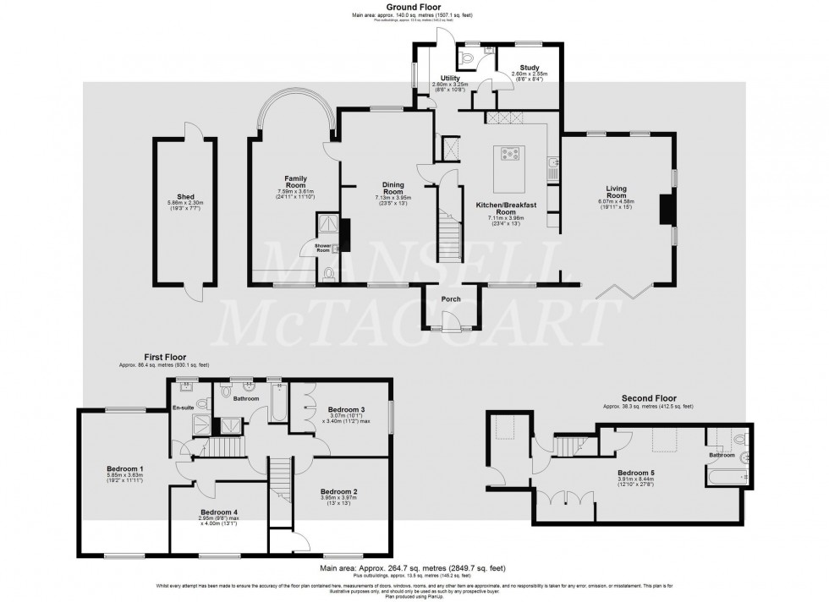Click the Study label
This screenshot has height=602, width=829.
(x=530, y=66)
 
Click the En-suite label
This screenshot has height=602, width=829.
(x=184, y=408)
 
